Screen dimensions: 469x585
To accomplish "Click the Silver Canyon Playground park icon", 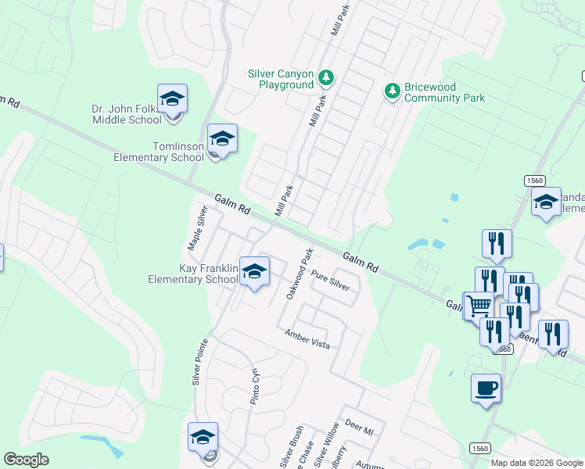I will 326,78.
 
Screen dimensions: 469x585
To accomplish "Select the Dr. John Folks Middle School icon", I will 172,99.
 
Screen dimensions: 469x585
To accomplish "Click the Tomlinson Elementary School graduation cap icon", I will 222,139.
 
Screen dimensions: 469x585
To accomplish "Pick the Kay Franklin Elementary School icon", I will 253,272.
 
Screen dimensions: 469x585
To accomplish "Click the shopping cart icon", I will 479,306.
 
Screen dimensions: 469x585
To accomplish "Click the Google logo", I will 26,460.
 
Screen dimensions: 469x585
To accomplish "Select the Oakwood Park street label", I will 300,274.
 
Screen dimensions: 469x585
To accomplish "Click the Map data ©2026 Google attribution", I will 537,463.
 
